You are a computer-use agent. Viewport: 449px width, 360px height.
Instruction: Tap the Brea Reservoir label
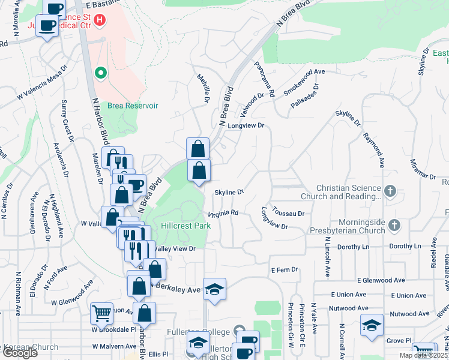coord(133,105)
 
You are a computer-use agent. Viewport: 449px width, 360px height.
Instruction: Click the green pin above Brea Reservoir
coord(101,74)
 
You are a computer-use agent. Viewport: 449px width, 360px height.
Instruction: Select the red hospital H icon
coord(100,20)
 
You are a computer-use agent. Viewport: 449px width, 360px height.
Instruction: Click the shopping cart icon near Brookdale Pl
coord(101,313)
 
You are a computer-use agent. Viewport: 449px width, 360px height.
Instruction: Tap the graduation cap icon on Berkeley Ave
coord(214,289)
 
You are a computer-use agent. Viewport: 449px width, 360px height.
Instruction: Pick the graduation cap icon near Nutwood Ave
coord(372,325)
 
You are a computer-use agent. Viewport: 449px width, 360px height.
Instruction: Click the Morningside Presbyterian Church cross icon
coord(394,225)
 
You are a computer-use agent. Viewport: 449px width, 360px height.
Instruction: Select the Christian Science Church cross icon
coord(390,191)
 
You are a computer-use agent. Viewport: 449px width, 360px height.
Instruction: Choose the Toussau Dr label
coord(289,213)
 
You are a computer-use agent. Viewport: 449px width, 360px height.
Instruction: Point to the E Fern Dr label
coord(284,270)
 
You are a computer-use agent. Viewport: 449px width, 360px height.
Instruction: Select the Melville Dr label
coord(203,88)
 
